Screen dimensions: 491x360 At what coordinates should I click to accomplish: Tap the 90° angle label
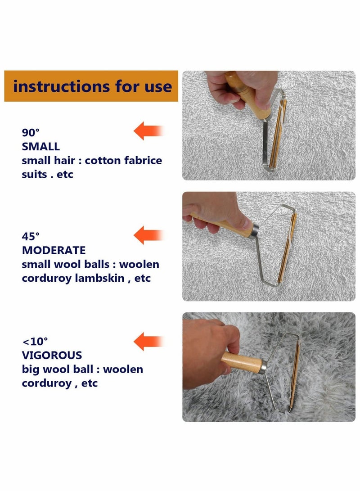point(31,132)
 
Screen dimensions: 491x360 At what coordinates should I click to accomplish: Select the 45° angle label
point(31,236)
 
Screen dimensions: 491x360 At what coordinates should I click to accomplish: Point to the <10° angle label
point(34,340)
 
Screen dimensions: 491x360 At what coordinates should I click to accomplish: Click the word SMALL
point(41,146)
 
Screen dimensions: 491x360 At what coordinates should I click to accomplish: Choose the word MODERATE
point(54,250)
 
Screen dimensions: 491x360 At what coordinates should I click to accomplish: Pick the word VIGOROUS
point(52,355)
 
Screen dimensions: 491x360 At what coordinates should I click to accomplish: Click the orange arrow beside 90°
point(148,131)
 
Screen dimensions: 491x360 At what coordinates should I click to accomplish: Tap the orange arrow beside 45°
point(148,235)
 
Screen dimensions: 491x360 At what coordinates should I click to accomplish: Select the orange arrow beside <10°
point(148,341)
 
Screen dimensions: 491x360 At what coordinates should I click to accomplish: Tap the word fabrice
point(143,160)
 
